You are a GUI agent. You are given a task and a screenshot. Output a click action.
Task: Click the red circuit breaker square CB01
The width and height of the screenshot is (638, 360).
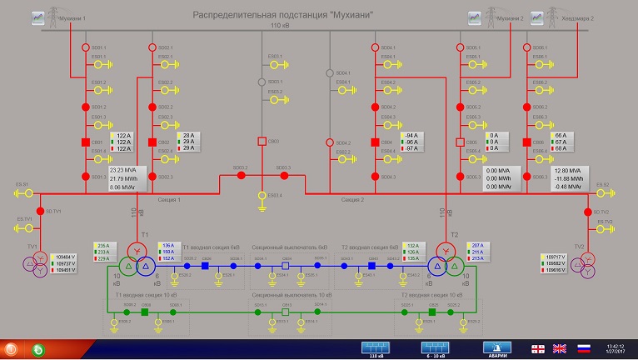[85, 142]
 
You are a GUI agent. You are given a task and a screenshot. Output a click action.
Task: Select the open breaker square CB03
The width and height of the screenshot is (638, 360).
[262, 142]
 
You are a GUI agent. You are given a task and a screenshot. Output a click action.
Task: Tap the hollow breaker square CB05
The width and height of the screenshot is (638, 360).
[460, 142]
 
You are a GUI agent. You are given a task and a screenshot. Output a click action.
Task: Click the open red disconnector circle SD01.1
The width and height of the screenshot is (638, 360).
[85, 48]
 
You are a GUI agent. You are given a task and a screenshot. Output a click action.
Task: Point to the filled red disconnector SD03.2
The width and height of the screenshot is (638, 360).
[234, 177]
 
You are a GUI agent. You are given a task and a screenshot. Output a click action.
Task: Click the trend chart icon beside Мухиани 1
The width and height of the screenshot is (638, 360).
[37, 17]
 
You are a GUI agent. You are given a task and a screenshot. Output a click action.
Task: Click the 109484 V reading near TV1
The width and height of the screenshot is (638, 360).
[65, 257]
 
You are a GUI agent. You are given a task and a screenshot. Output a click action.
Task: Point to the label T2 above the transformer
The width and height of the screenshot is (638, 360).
[455, 236]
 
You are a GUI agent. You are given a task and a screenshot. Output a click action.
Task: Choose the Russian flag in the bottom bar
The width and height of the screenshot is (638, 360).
[584, 347]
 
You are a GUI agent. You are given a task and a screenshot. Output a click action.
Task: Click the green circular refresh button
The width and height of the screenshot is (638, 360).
[38, 348]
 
